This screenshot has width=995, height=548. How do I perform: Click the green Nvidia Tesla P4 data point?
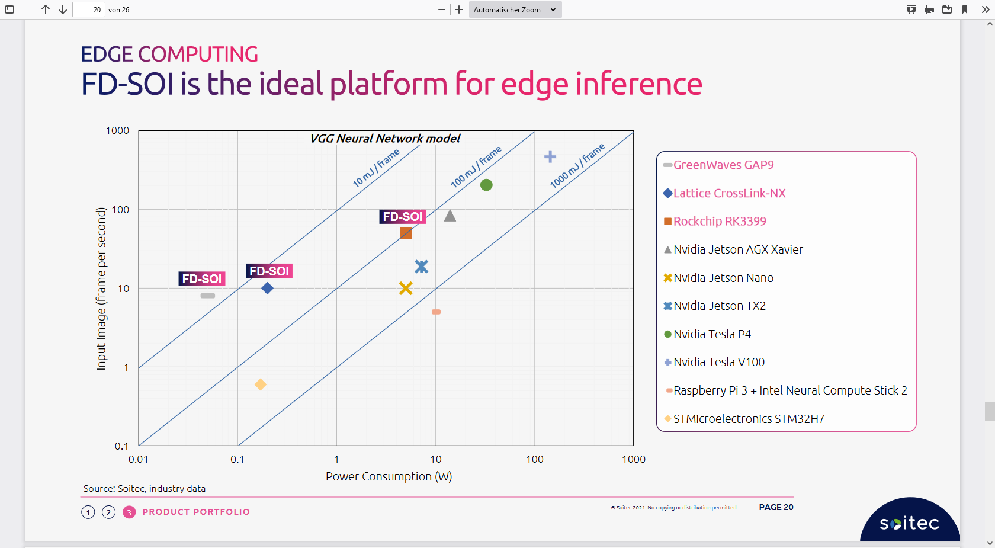486,185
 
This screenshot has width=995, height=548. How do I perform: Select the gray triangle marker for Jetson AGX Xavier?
450,216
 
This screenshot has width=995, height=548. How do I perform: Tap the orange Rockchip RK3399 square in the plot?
406,233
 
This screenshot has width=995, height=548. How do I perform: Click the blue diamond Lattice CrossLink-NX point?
267,288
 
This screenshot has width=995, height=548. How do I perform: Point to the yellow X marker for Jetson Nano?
406,288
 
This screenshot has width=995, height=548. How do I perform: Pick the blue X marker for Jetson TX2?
421,267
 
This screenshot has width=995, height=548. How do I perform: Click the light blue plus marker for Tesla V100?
550,156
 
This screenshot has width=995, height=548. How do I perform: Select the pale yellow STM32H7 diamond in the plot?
260,384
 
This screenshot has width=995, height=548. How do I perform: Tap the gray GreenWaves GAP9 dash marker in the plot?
207,296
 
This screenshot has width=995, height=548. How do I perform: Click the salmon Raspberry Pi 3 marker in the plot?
436,312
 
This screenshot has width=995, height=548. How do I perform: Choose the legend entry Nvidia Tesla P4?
712,334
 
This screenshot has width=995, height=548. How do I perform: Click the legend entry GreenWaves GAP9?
723,165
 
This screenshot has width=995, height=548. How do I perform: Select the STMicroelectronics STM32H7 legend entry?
749,419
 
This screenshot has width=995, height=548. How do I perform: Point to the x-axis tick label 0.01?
139,459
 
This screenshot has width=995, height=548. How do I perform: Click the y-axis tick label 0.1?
121,446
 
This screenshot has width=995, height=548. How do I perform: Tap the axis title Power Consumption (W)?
389,476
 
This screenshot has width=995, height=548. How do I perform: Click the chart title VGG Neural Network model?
385,139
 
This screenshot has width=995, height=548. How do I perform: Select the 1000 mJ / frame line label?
577,165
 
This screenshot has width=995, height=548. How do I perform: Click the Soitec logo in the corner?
909,523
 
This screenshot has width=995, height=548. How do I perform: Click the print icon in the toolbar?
929,9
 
